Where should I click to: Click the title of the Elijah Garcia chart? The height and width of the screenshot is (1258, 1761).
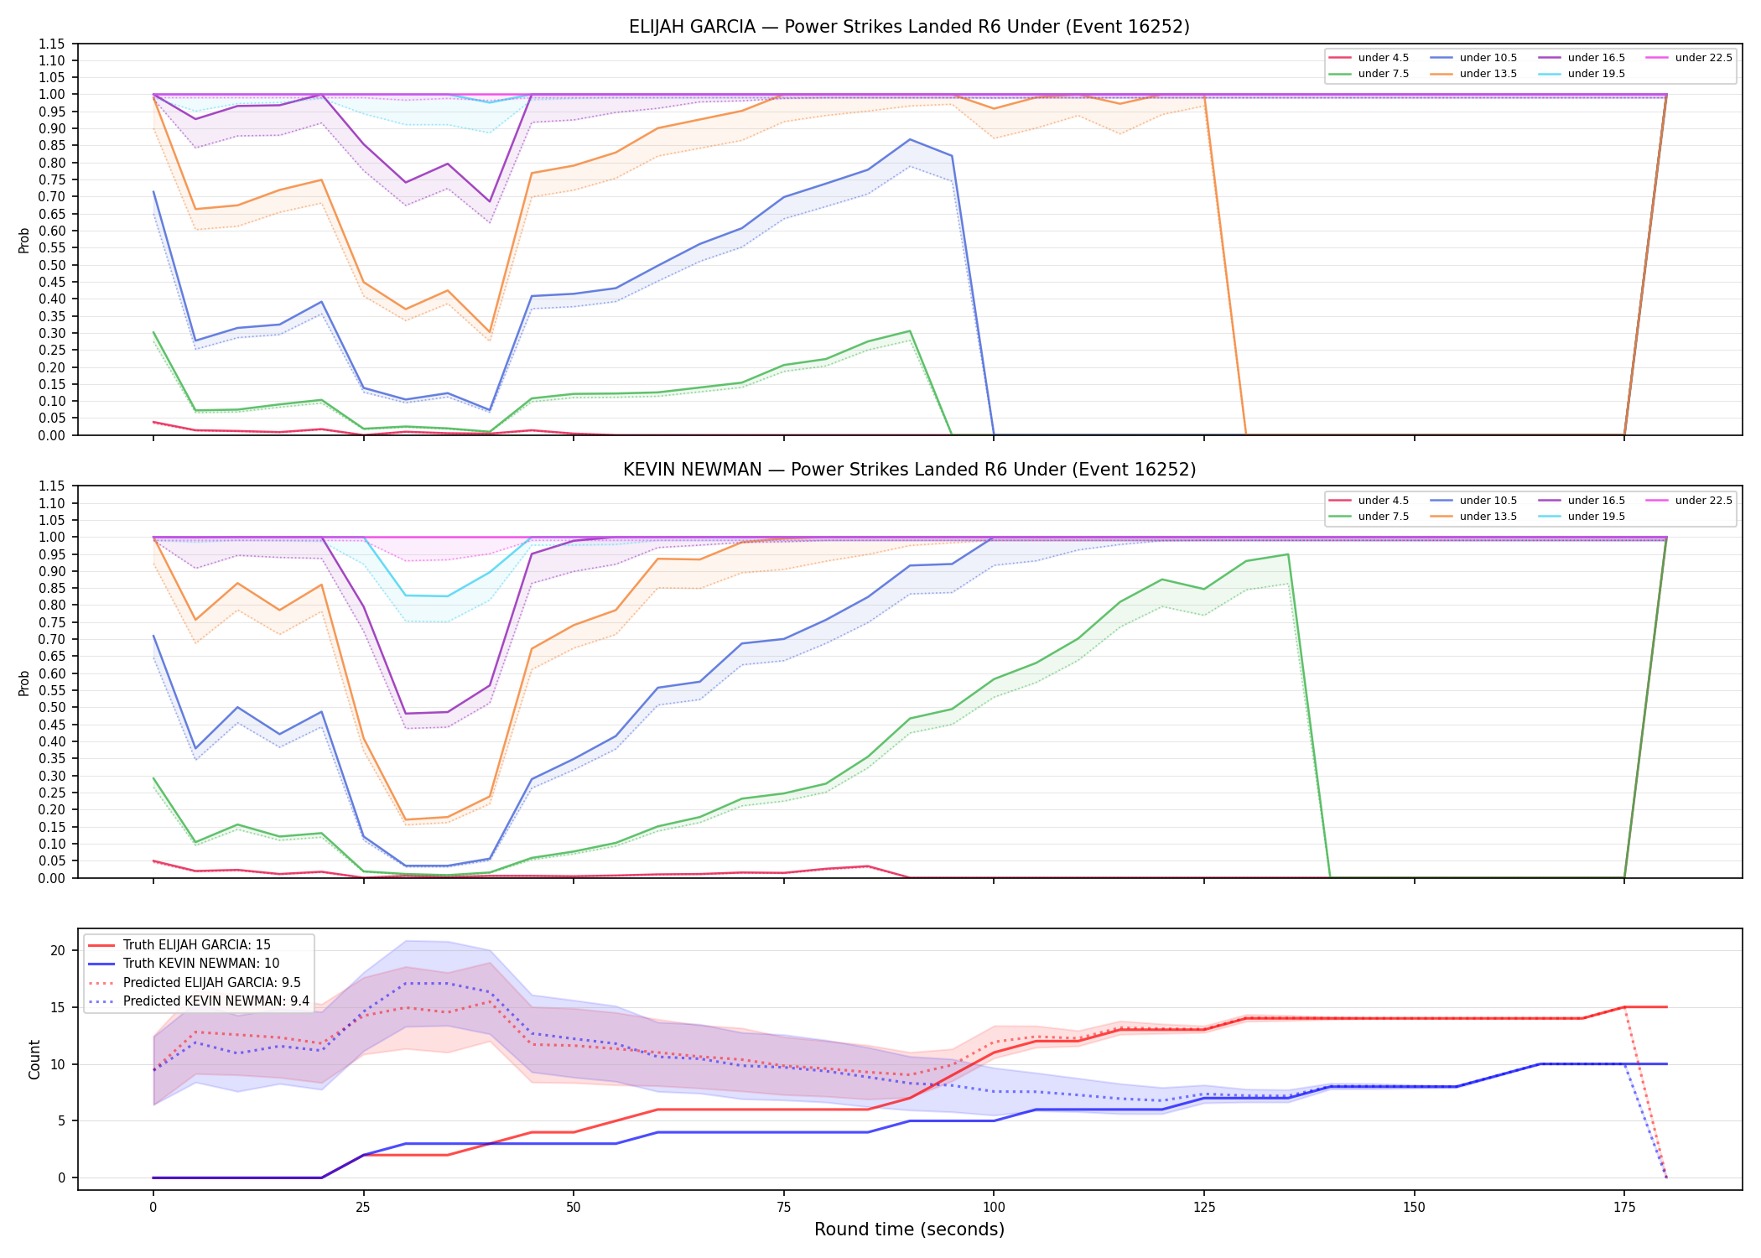pyautogui.click(x=909, y=27)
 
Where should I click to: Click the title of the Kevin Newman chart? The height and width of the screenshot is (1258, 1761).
pyautogui.click(x=909, y=470)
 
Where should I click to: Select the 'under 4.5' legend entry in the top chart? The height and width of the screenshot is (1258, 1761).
pyautogui.click(x=1369, y=58)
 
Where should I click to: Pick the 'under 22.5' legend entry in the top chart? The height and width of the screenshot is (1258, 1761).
pyautogui.click(x=1689, y=58)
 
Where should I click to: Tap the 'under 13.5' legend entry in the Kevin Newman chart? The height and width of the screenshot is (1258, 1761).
pyautogui.click(x=1473, y=517)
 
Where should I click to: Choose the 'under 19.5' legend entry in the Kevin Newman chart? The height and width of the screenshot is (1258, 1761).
pyautogui.click(x=1582, y=517)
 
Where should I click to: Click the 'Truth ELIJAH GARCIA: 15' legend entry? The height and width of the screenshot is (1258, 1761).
pyautogui.click(x=180, y=945)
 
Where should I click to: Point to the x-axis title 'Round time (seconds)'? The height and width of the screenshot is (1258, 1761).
pyautogui.click(x=909, y=1229)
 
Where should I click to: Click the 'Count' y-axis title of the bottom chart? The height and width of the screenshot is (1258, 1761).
pyautogui.click(x=34, y=1059)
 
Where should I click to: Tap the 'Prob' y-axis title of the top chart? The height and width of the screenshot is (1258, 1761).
pyautogui.click(x=24, y=240)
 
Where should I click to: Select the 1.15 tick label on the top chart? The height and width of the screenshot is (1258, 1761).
pyautogui.click(x=51, y=44)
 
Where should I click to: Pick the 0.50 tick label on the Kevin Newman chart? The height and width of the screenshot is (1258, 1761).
pyautogui.click(x=51, y=708)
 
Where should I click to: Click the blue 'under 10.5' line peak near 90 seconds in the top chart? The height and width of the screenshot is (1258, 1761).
pyautogui.click(x=910, y=139)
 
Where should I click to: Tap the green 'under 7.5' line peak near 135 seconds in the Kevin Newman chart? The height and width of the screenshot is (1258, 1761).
pyautogui.click(x=1288, y=554)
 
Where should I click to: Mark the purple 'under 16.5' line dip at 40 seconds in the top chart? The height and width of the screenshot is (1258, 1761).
pyautogui.click(x=490, y=202)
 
